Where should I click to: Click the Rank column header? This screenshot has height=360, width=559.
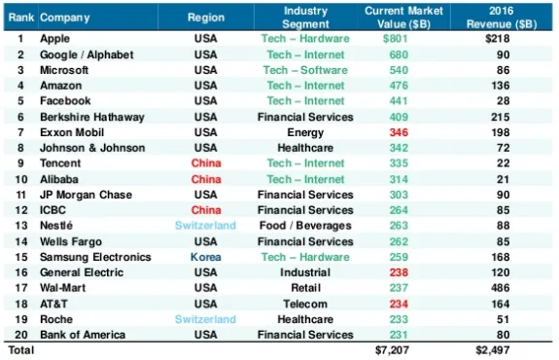(21, 18)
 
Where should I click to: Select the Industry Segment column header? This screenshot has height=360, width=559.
(305, 18)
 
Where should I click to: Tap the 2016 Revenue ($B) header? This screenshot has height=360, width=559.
(502, 18)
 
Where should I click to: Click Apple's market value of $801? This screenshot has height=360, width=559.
(395, 39)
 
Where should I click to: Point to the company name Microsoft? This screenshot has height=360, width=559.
(64, 70)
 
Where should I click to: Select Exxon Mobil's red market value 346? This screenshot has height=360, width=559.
(399, 132)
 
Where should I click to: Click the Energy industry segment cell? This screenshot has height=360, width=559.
(305, 132)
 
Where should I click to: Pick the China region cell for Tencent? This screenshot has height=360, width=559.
(206, 163)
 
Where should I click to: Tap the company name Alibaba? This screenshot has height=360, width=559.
(59, 179)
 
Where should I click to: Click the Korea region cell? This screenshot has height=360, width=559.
(206, 257)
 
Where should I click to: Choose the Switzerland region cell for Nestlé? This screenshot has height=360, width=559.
(205, 226)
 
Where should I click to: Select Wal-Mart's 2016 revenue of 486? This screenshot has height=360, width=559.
(500, 288)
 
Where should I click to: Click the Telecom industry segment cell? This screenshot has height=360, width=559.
(305, 304)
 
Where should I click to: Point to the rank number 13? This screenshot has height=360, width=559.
(21, 226)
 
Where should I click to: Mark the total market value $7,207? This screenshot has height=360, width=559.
(392, 350)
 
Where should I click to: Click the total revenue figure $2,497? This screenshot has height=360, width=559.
(492, 350)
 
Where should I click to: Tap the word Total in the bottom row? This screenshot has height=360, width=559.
(21, 350)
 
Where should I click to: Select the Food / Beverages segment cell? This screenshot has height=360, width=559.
(305, 226)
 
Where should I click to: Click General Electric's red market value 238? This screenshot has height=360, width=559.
(399, 272)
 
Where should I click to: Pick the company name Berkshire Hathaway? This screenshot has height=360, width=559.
(92, 117)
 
